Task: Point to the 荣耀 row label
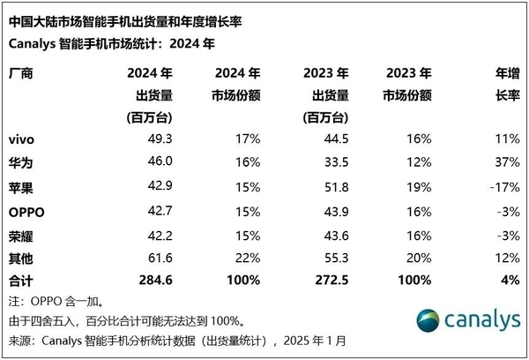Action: tap(22, 236)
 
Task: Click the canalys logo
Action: tap(465, 319)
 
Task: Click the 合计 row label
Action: tap(22, 280)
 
